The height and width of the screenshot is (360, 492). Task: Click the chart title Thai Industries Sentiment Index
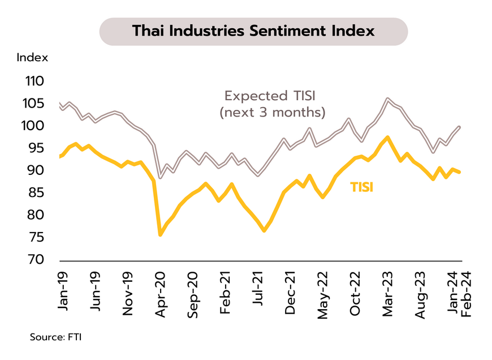point(253,31)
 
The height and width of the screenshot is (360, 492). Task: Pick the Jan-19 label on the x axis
point(63,289)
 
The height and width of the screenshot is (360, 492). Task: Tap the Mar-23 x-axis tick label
point(388,289)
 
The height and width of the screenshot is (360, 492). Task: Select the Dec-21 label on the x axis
point(291,289)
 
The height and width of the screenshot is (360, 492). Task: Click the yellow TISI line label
point(362,187)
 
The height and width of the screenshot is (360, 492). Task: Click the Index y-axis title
point(32,57)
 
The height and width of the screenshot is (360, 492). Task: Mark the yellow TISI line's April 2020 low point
point(160,234)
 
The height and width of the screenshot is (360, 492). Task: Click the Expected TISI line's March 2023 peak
point(387,98)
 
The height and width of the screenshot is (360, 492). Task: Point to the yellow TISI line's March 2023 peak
point(387,137)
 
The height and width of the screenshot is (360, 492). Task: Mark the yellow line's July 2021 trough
point(264,230)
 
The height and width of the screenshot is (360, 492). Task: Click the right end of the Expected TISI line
point(459,127)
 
